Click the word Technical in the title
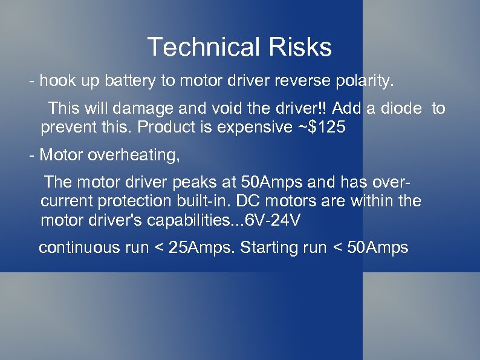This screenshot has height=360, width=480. [x=201, y=47]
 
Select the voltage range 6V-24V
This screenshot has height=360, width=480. [x=270, y=221]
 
